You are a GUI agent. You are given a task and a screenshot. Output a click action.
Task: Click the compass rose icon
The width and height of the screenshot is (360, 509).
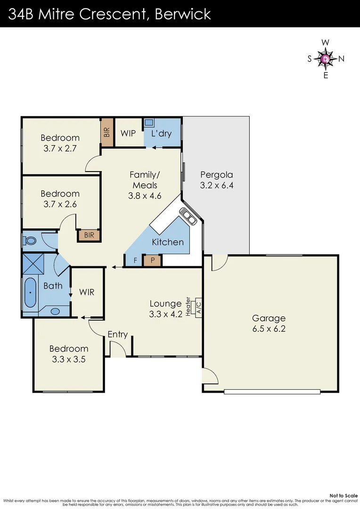[x=326, y=59]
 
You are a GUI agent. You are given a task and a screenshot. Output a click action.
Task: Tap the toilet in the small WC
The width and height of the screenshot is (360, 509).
[x=30, y=240]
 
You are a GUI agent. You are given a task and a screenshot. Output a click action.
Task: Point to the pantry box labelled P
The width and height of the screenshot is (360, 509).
[x=153, y=260]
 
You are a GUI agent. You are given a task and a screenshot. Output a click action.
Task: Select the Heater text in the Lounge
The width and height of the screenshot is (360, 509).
[x=188, y=307]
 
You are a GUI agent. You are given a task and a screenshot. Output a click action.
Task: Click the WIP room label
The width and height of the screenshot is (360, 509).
[x=128, y=133]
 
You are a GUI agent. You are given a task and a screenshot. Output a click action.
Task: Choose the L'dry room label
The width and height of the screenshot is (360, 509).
[x=161, y=133]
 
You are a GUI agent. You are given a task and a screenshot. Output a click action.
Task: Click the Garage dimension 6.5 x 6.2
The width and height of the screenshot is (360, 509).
[x=269, y=329]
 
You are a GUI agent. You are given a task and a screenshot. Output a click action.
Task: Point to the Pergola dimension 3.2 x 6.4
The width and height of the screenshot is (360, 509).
[x=217, y=185]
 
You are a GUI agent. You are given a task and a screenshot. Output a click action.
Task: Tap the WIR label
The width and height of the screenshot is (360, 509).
[x=87, y=292]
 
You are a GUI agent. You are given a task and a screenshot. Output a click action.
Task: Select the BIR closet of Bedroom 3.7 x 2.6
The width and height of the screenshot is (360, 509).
[x=89, y=235]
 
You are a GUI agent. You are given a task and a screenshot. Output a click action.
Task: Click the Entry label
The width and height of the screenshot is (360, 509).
[x=118, y=334]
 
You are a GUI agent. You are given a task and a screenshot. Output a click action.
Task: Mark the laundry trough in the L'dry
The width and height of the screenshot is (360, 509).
[x=149, y=122]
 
